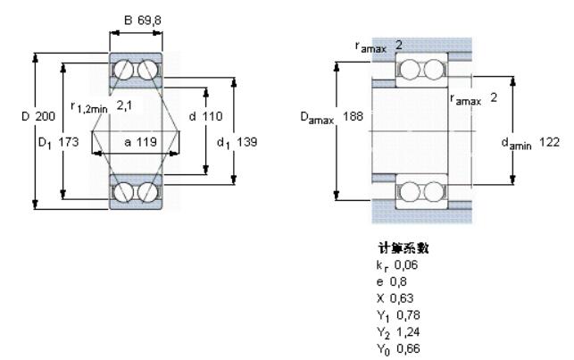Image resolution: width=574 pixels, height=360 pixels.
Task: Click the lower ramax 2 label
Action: pyautogui.click(x=472, y=98)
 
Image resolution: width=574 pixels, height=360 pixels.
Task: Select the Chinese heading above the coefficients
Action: pyautogui.click(x=397, y=249)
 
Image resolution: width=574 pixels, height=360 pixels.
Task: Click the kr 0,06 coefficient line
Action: pyautogui.click(x=397, y=265)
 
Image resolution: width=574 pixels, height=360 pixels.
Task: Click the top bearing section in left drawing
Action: pyautogui.click(x=137, y=71)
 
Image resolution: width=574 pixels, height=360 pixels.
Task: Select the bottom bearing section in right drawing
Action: pyautogui.click(x=422, y=191)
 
